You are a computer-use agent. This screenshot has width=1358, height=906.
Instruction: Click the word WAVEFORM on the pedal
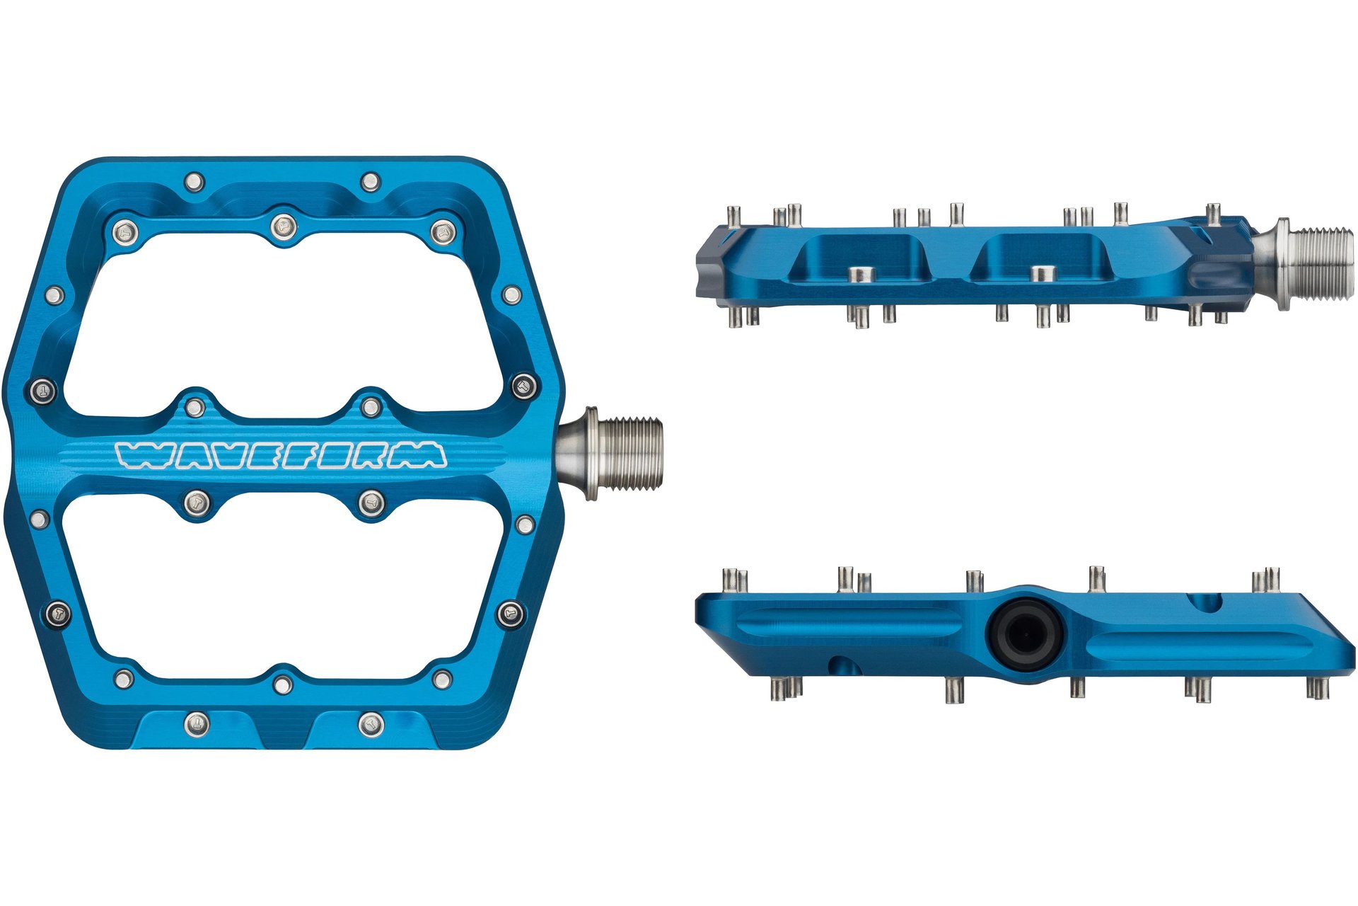coord(282,455)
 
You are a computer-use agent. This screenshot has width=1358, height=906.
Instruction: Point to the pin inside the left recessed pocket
coord(861,275)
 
